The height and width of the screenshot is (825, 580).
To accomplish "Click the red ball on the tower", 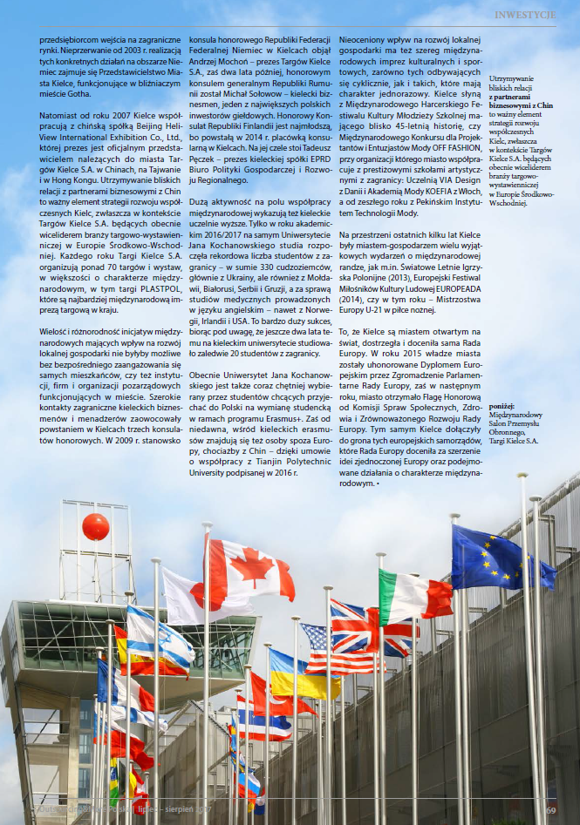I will (x=96, y=526).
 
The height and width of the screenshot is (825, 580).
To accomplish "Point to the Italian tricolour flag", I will (x=414, y=595).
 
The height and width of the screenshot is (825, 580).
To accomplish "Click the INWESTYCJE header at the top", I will (x=525, y=15).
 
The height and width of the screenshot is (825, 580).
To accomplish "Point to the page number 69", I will (x=551, y=811).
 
